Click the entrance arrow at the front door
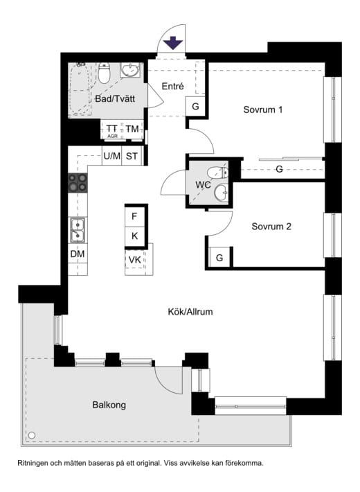tap(173, 44)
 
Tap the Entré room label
tap(172, 87)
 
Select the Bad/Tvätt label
tap(114, 99)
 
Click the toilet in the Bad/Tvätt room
tap(105, 73)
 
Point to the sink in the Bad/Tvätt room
tap(130, 70)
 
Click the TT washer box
tap(111, 130)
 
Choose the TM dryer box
tap(132, 130)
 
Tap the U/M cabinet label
tap(111, 156)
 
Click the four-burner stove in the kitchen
tap(78, 183)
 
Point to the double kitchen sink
tap(78, 229)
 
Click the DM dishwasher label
tap(78, 254)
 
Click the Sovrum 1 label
tap(263, 109)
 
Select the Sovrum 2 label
tap(271, 227)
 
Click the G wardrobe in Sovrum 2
tap(219, 258)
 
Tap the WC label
tap(203, 185)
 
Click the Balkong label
tap(109, 405)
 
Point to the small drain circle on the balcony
tap(31, 435)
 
